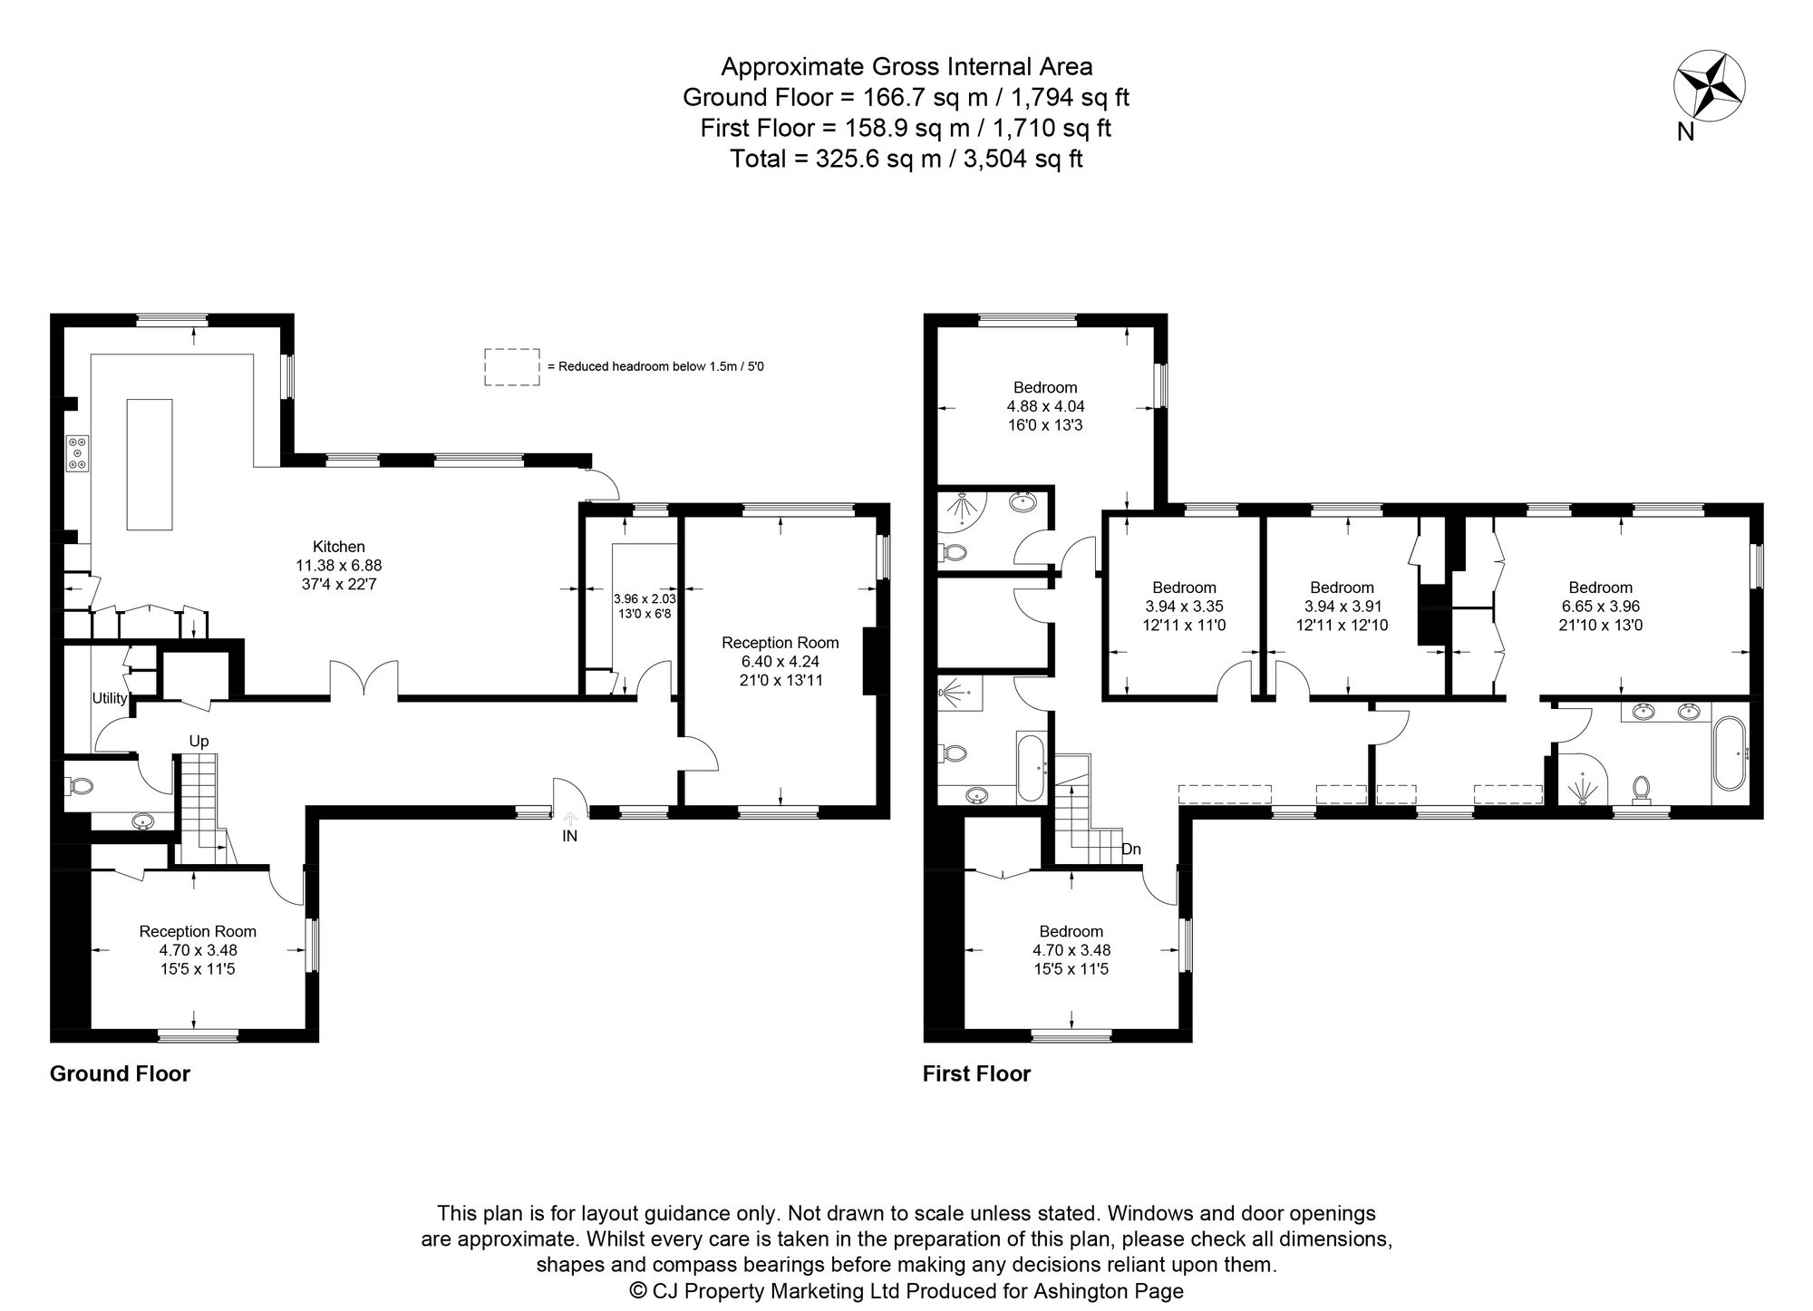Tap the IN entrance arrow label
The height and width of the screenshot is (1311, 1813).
tap(569, 836)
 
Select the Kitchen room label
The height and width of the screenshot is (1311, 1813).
tap(338, 547)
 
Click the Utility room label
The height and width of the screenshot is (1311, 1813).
tap(109, 698)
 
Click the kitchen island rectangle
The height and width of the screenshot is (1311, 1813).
tap(149, 464)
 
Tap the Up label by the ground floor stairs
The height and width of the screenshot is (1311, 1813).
tap(199, 741)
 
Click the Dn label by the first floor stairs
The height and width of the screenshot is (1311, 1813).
tap(1130, 850)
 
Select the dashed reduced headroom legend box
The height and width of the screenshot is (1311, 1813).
tap(511, 367)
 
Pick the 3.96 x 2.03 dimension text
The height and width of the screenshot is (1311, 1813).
tap(645, 599)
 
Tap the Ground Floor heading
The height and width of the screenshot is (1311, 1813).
tap(120, 1073)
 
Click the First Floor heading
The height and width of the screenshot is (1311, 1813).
tap(976, 1073)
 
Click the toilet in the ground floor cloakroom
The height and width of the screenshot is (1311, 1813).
tap(80, 785)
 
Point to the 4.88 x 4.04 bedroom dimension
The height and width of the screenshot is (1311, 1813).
tap(1045, 406)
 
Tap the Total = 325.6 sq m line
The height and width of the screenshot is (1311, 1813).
tap(906, 159)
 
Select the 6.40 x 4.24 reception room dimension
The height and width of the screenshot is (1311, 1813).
tap(780, 661)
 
